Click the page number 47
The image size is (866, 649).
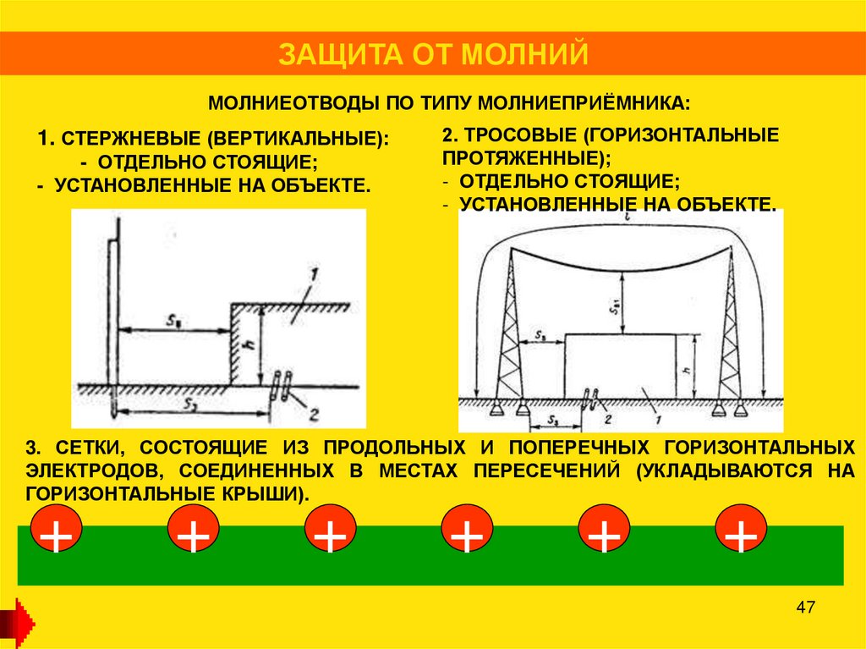point(805,608)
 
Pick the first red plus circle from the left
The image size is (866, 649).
point(57,532)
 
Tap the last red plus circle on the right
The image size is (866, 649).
point(741,532)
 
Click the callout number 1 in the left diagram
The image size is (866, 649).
point(312,273)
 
